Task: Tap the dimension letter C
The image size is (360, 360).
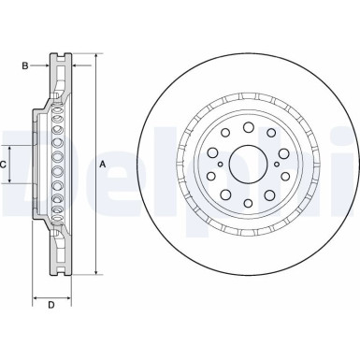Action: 5,165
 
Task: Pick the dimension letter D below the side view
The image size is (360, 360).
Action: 51,306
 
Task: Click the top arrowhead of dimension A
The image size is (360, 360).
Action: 94,58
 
